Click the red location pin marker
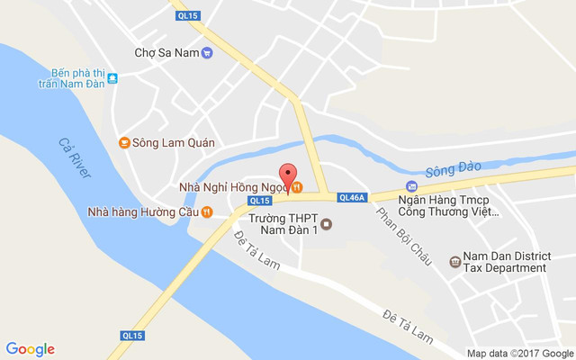(288, 176)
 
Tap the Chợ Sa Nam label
(166, 52)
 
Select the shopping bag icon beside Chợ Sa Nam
(207, 52)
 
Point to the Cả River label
(72, 157)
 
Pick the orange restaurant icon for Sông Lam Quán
(124, 142)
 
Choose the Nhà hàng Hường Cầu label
(142, 212)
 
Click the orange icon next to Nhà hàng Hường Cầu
(207, 212)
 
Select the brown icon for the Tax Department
(454, 262)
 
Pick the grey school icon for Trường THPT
(326, 224)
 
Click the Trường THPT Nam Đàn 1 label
(283, 224)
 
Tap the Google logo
(31, 349)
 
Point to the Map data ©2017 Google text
(519, 353)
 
